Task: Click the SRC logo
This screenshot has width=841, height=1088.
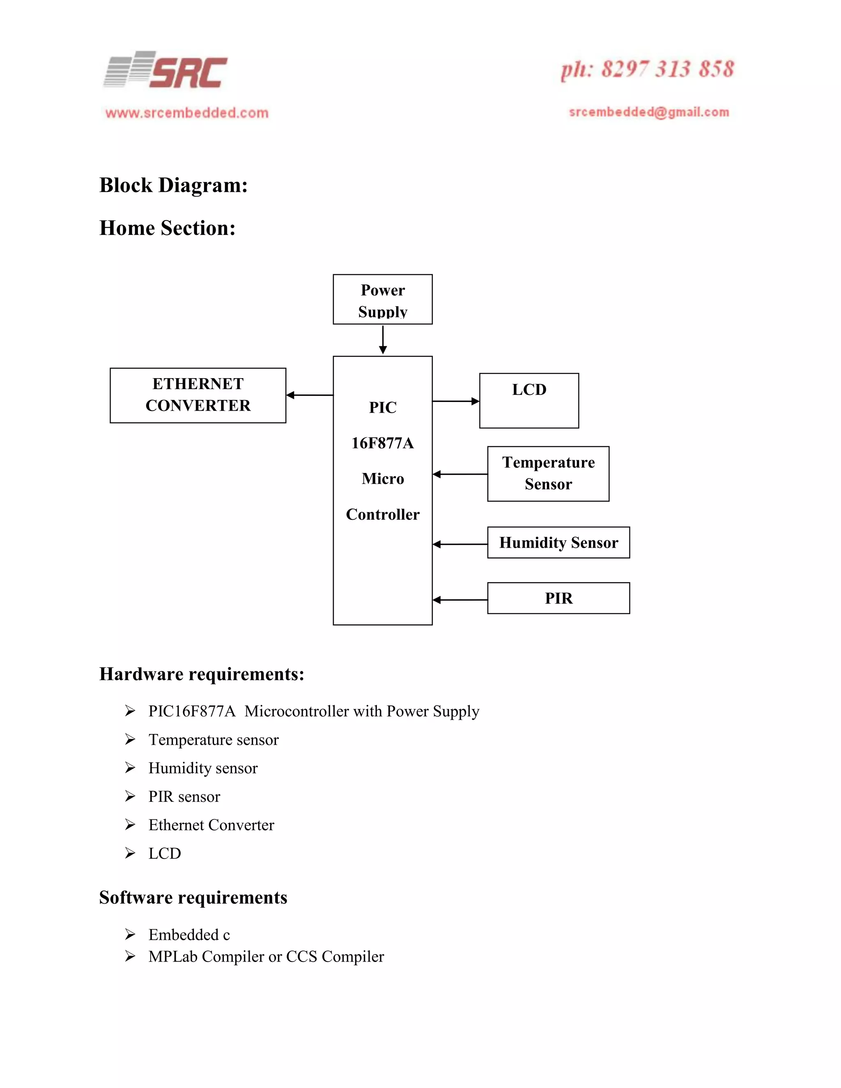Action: [165, 71]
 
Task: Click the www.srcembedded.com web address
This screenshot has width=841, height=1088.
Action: [187, 113]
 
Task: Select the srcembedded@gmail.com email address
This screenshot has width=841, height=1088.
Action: [649, 112]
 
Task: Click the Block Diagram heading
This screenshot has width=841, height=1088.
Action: [173, 185]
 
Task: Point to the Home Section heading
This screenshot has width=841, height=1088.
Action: [168, 228]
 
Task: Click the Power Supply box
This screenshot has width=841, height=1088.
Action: [383, 299]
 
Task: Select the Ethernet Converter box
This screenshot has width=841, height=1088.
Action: [198, 395]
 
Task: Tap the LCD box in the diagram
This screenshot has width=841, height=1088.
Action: [528, 401]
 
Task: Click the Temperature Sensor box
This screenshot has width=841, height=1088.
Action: [548, 474]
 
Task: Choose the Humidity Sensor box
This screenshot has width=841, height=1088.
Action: [558, 542]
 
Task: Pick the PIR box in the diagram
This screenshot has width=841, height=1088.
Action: [558, 598]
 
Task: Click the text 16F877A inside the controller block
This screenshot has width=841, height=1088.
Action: [383, 443]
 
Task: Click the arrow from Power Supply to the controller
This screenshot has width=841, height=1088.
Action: [383, 340]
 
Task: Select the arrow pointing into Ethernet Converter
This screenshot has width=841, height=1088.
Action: [309, 395]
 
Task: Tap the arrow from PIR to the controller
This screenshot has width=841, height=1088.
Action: [460, 600]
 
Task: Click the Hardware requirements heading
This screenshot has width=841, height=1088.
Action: [202, 674]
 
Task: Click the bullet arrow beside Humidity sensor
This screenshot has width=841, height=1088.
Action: [130, 768]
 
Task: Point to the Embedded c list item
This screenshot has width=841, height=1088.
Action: [189, 934]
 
